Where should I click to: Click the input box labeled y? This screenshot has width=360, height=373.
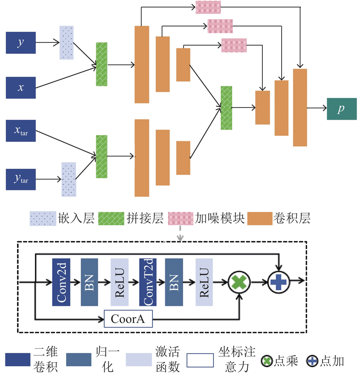click(x=20, y=43)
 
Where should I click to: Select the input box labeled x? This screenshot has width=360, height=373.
click(x=20, y=87)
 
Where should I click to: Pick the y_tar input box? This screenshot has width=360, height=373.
click(x=20, y=180)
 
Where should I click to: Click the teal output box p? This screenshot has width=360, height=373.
click(x=342, y=109)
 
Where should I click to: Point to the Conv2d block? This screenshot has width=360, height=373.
click(x=61, y=282)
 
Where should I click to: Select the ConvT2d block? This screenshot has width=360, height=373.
click(x=148, y=282)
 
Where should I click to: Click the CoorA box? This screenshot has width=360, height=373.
click(x=128, y=319)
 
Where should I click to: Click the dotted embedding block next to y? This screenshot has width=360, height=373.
click(x=67, y=43)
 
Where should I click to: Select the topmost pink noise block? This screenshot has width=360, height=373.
click(x=208, y=7)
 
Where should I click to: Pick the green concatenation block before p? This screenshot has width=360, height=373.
click(x=226, y=108)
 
